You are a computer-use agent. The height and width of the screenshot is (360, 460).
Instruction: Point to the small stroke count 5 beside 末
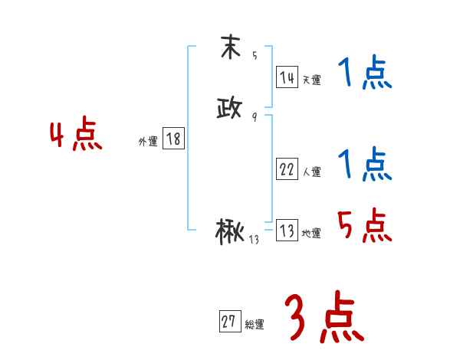pos(254,57)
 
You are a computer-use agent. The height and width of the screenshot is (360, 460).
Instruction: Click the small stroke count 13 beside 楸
pos(254,241)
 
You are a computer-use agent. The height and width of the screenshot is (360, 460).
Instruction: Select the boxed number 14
pos(287,77)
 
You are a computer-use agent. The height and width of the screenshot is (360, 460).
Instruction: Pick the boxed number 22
pos(287,169)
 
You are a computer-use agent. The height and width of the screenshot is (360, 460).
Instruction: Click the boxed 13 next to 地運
pos(287,231)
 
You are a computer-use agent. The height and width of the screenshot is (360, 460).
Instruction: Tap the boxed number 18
pos(173,139)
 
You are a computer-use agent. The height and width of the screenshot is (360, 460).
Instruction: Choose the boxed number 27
pos(228,322)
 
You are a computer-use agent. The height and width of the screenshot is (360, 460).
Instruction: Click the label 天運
pos(311,80)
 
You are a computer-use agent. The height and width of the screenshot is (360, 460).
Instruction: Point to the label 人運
pos(311,172)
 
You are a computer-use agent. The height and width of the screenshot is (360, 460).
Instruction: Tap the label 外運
pos(148,142)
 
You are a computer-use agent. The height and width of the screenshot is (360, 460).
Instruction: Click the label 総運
pos(254,325)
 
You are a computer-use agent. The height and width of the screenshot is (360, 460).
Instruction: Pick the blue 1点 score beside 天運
pos(364,74)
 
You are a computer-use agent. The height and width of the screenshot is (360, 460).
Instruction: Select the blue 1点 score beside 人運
pos(364,165)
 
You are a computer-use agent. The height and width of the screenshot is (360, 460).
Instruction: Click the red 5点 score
pos(364,226)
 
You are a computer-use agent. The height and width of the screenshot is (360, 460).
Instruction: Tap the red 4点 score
pos(76,136)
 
